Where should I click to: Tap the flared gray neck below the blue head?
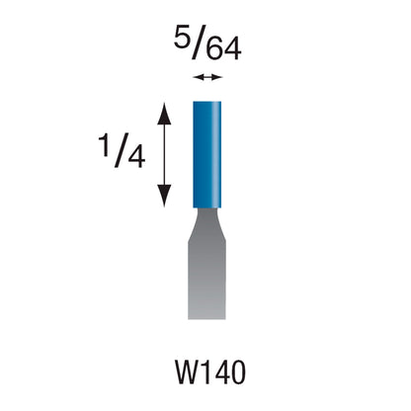click(x=205, y=217)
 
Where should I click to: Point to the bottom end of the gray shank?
click(x=205, y=315)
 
